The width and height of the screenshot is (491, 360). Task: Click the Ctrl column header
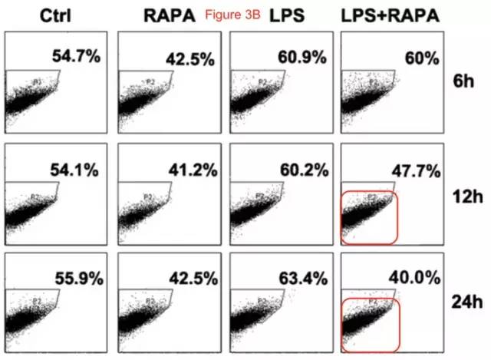(x=38, y=15)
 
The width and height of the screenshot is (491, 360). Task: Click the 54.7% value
(x=75, y=54)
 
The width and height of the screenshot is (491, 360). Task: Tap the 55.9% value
(x=75, y=279)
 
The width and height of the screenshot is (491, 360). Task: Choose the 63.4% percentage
(x=302, y=279)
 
